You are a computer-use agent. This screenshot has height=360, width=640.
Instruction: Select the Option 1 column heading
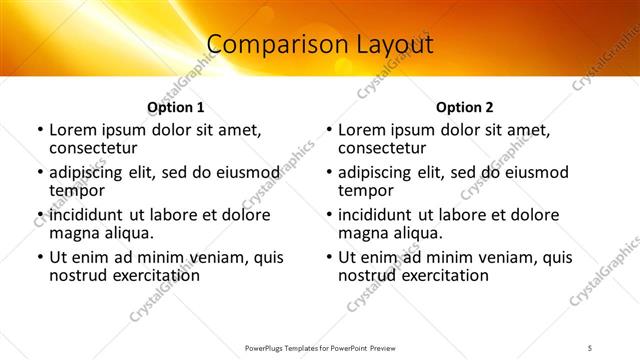176,107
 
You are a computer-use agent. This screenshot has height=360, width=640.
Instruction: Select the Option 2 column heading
464,107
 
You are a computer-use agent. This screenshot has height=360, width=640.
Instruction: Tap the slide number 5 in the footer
590,348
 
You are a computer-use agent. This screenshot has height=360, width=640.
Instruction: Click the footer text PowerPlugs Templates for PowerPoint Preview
319,348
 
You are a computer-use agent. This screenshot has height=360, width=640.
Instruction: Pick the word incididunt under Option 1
89,215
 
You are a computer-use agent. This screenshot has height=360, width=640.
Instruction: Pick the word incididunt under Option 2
378,215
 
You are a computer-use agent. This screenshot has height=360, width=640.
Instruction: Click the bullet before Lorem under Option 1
40,130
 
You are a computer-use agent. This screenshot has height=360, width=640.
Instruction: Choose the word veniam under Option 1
197,257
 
